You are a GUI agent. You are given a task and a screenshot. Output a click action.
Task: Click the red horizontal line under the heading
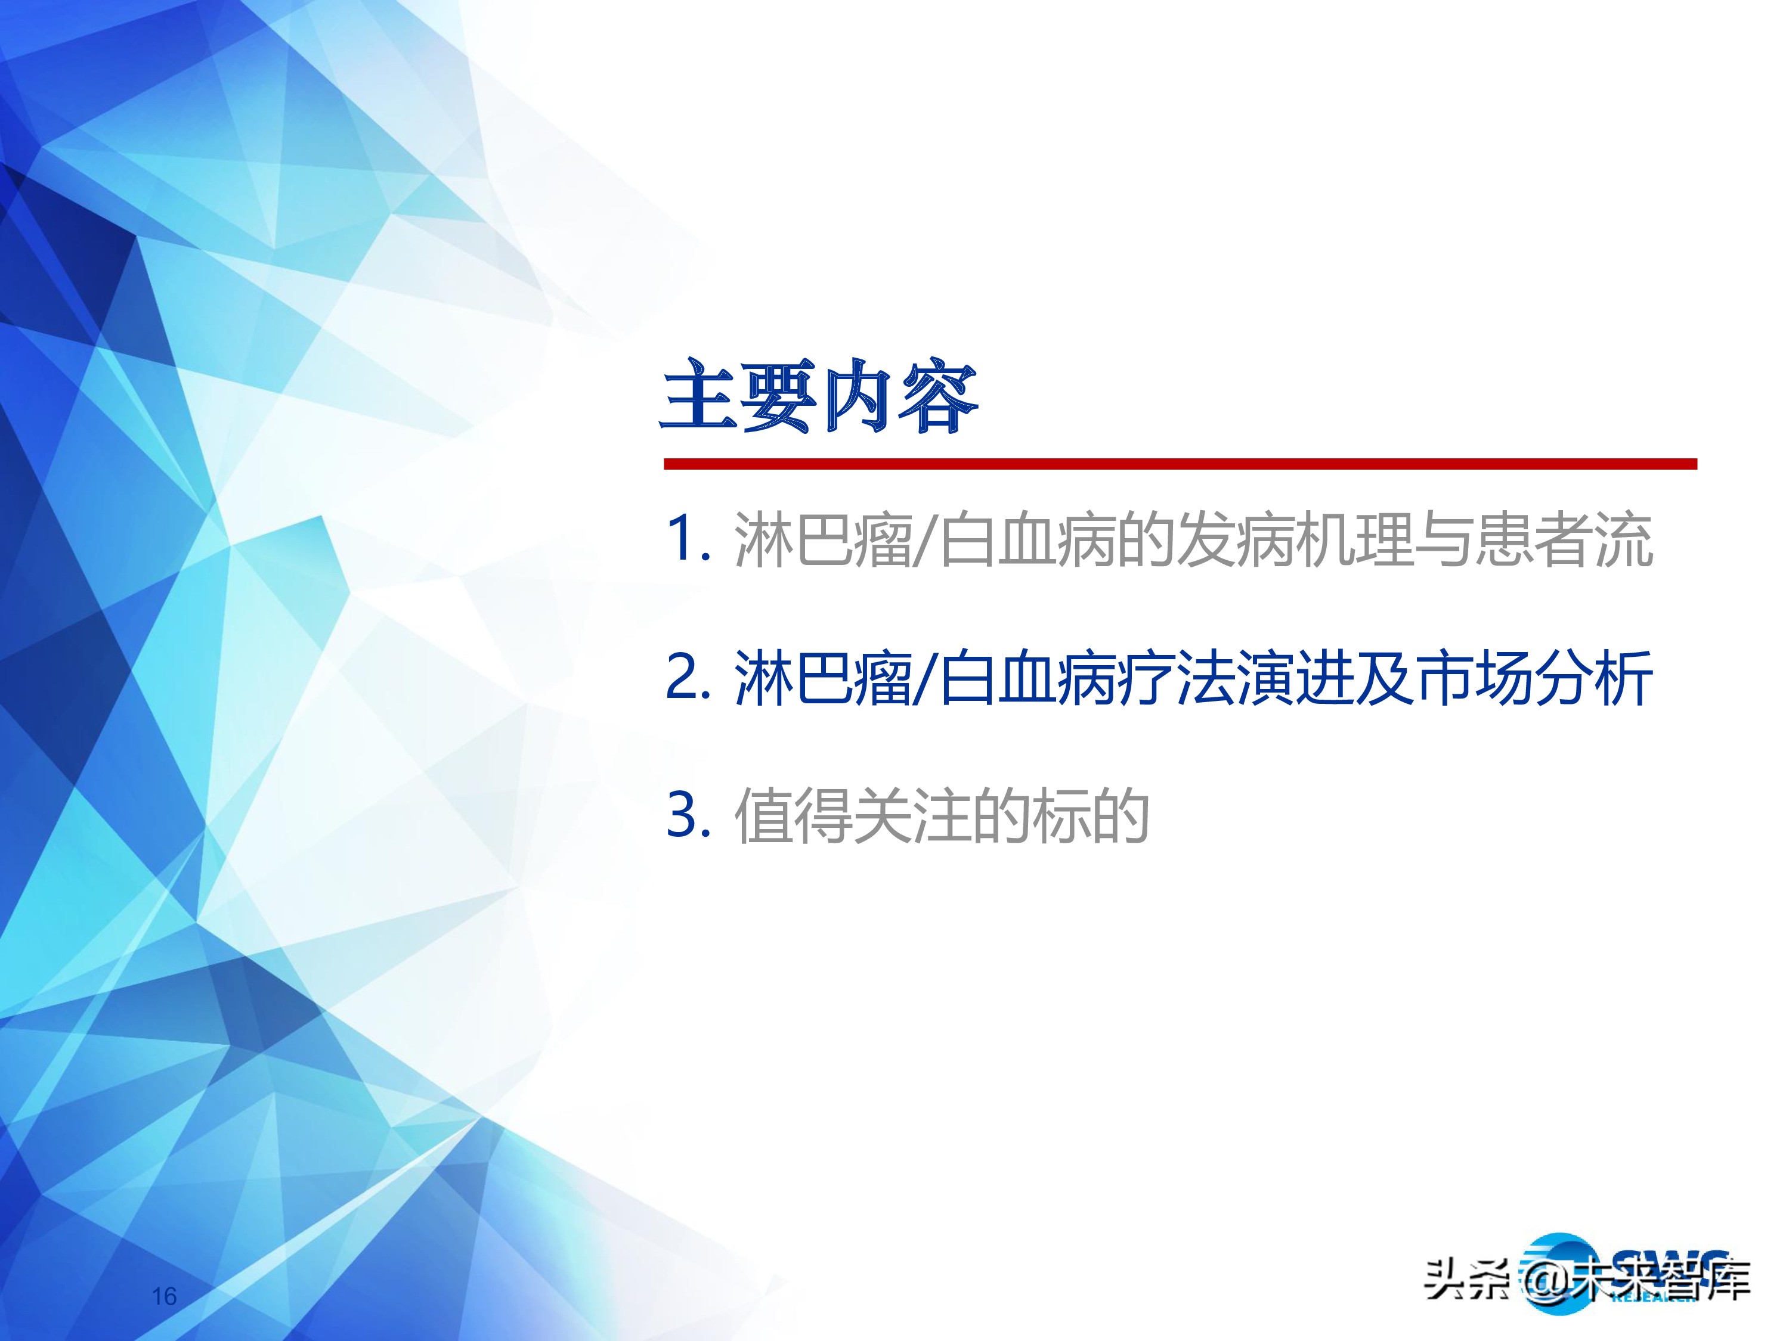tap(1180, 464)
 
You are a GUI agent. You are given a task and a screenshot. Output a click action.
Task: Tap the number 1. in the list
tap(688, 538)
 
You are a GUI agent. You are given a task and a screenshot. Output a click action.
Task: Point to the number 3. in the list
tap(688, 814)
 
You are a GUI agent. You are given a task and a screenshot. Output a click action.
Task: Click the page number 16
tap(164, 1296)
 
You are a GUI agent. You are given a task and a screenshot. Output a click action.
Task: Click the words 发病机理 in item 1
tap(1295, 539)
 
